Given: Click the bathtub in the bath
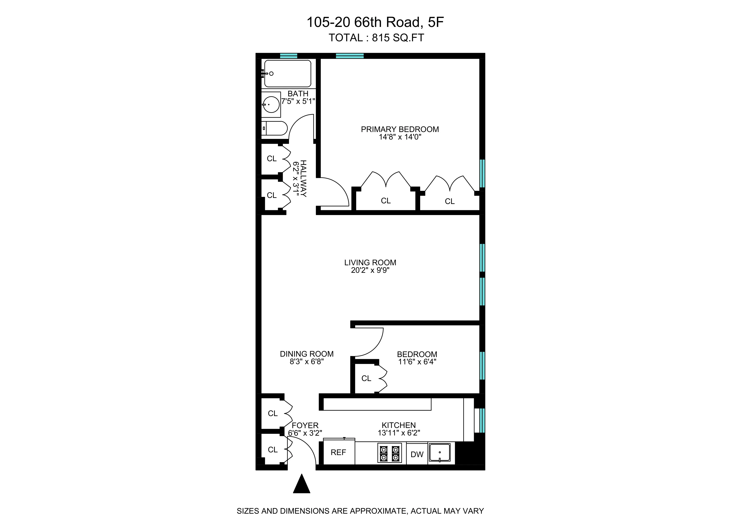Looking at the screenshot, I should pos(288,74).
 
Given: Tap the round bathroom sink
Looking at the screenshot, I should pos(271,104).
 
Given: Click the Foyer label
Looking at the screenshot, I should pos(305,426).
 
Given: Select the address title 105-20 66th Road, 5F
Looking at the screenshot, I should pos(375,22).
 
